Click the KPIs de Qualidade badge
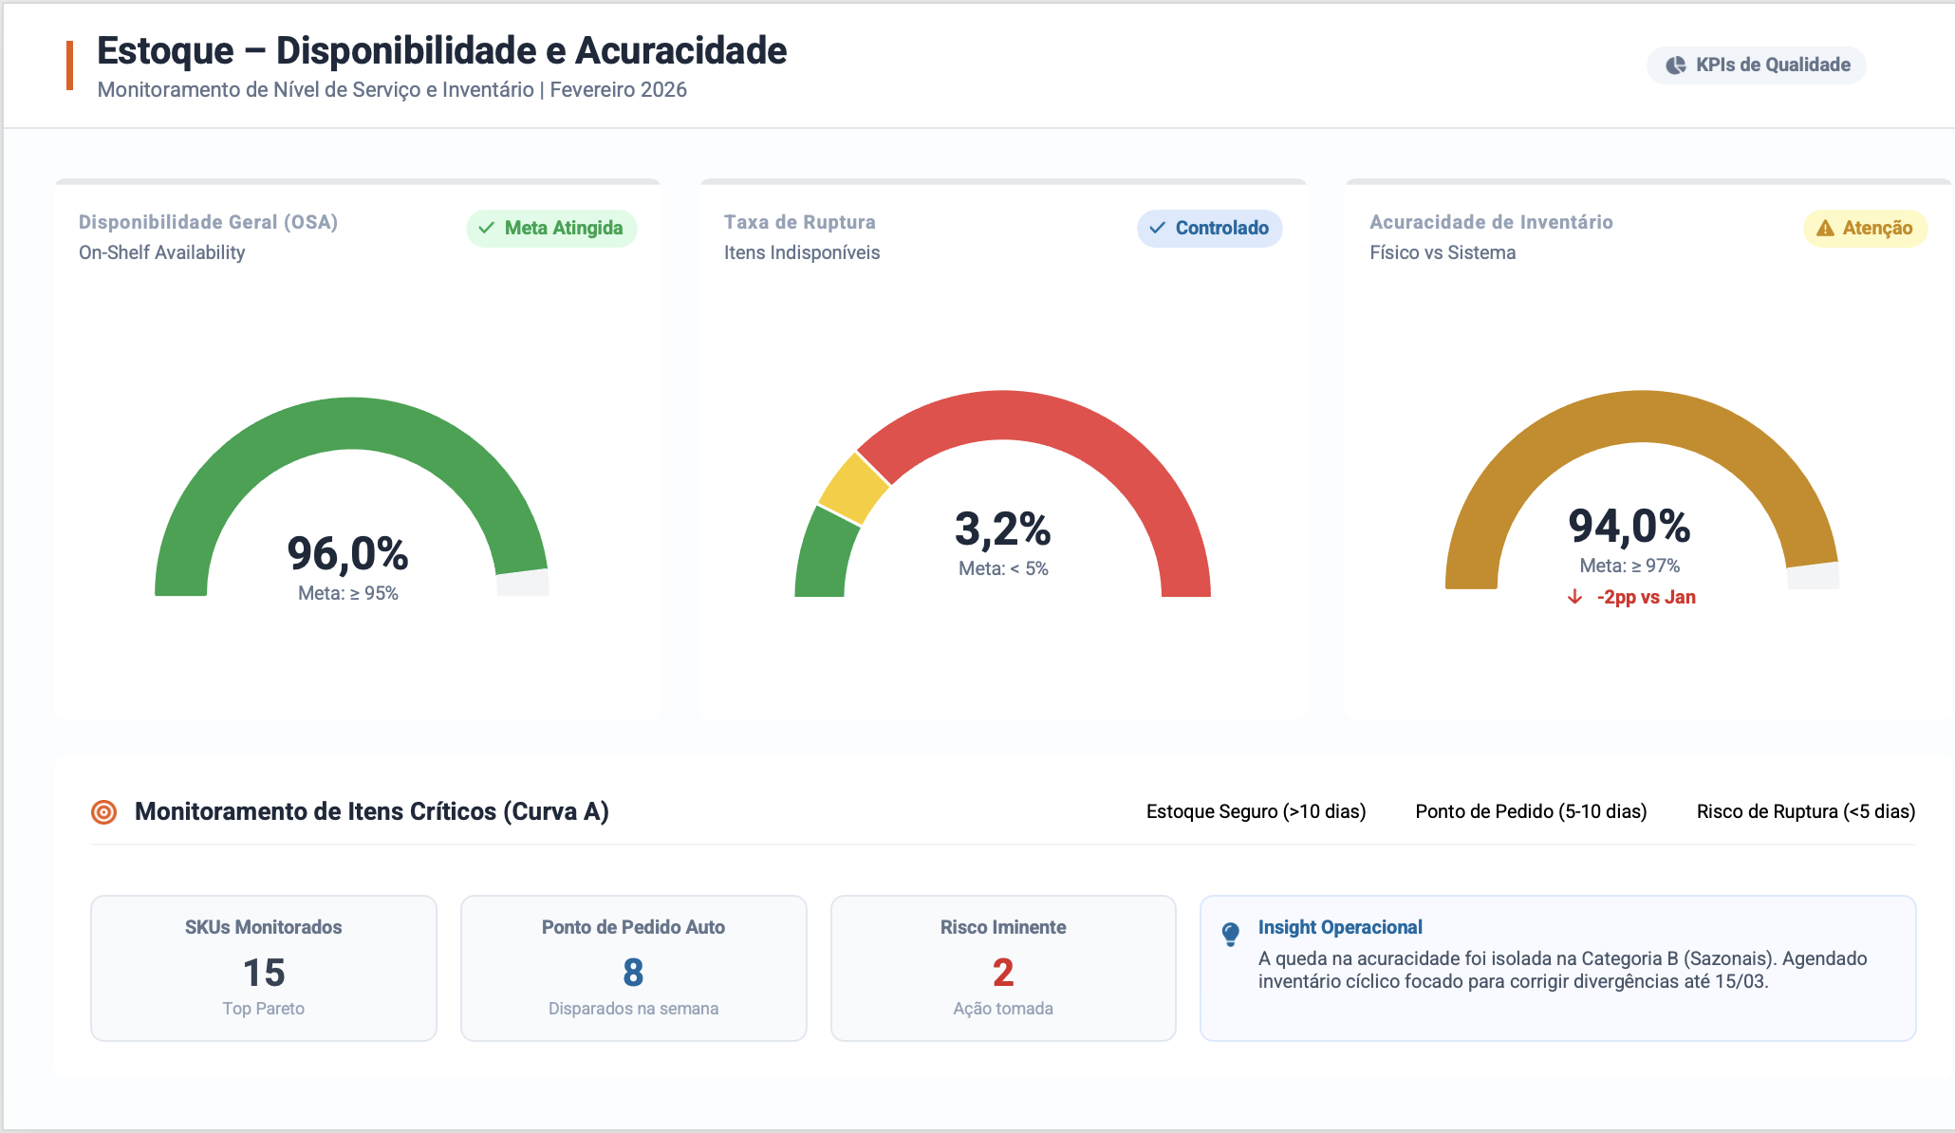pyautogui.click(x=1757, y=65)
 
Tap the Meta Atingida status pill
pyautogui.click(x=551, y=229)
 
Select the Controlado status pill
pyautogui.click(x=1210, y=229)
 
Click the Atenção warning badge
pyautogui.click(x=1865, y=229)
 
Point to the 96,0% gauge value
pyautogui.click(x=348, y=554)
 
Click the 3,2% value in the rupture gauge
pyautogui.click(x=1003, y=529)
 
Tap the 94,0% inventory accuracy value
pyautogui.click(x=1629, y=527)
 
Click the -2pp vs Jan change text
pyautogui.click(x=1646, y=598)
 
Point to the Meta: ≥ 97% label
pyautogui.click(x=1629, y=566)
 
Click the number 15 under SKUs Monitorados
pyautogui.click(x=264, y=973)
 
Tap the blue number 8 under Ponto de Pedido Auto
pyautogui.click(x=633, y=973)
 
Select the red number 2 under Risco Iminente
pyautogui.click(x=1003, y=973)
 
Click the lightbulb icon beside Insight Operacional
pyautogui.click(x=1231, y=934)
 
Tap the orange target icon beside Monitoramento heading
pyautogui.click(x=103, y=812)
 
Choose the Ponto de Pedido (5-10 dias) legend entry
pyautogui.click(x=1531, y=812)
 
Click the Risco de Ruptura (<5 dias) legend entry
pyautogui.click(x=1806, y=812)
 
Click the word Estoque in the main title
pyautogui.click(x=165, y=51)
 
